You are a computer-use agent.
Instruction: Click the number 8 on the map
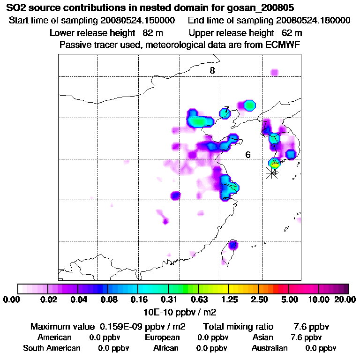pos(212,71)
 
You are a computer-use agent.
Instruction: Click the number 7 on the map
pos(226,110)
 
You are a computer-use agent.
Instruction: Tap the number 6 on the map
pos(248,155)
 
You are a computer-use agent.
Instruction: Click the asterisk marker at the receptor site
pos(272,172)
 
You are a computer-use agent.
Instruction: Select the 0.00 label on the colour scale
pos(13,300)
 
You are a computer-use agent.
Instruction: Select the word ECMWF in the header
pos(282,45)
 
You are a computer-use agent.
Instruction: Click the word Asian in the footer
pos(262,337)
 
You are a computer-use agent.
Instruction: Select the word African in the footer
pos(165,348)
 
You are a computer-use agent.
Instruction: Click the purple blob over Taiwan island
pos(233,245)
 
